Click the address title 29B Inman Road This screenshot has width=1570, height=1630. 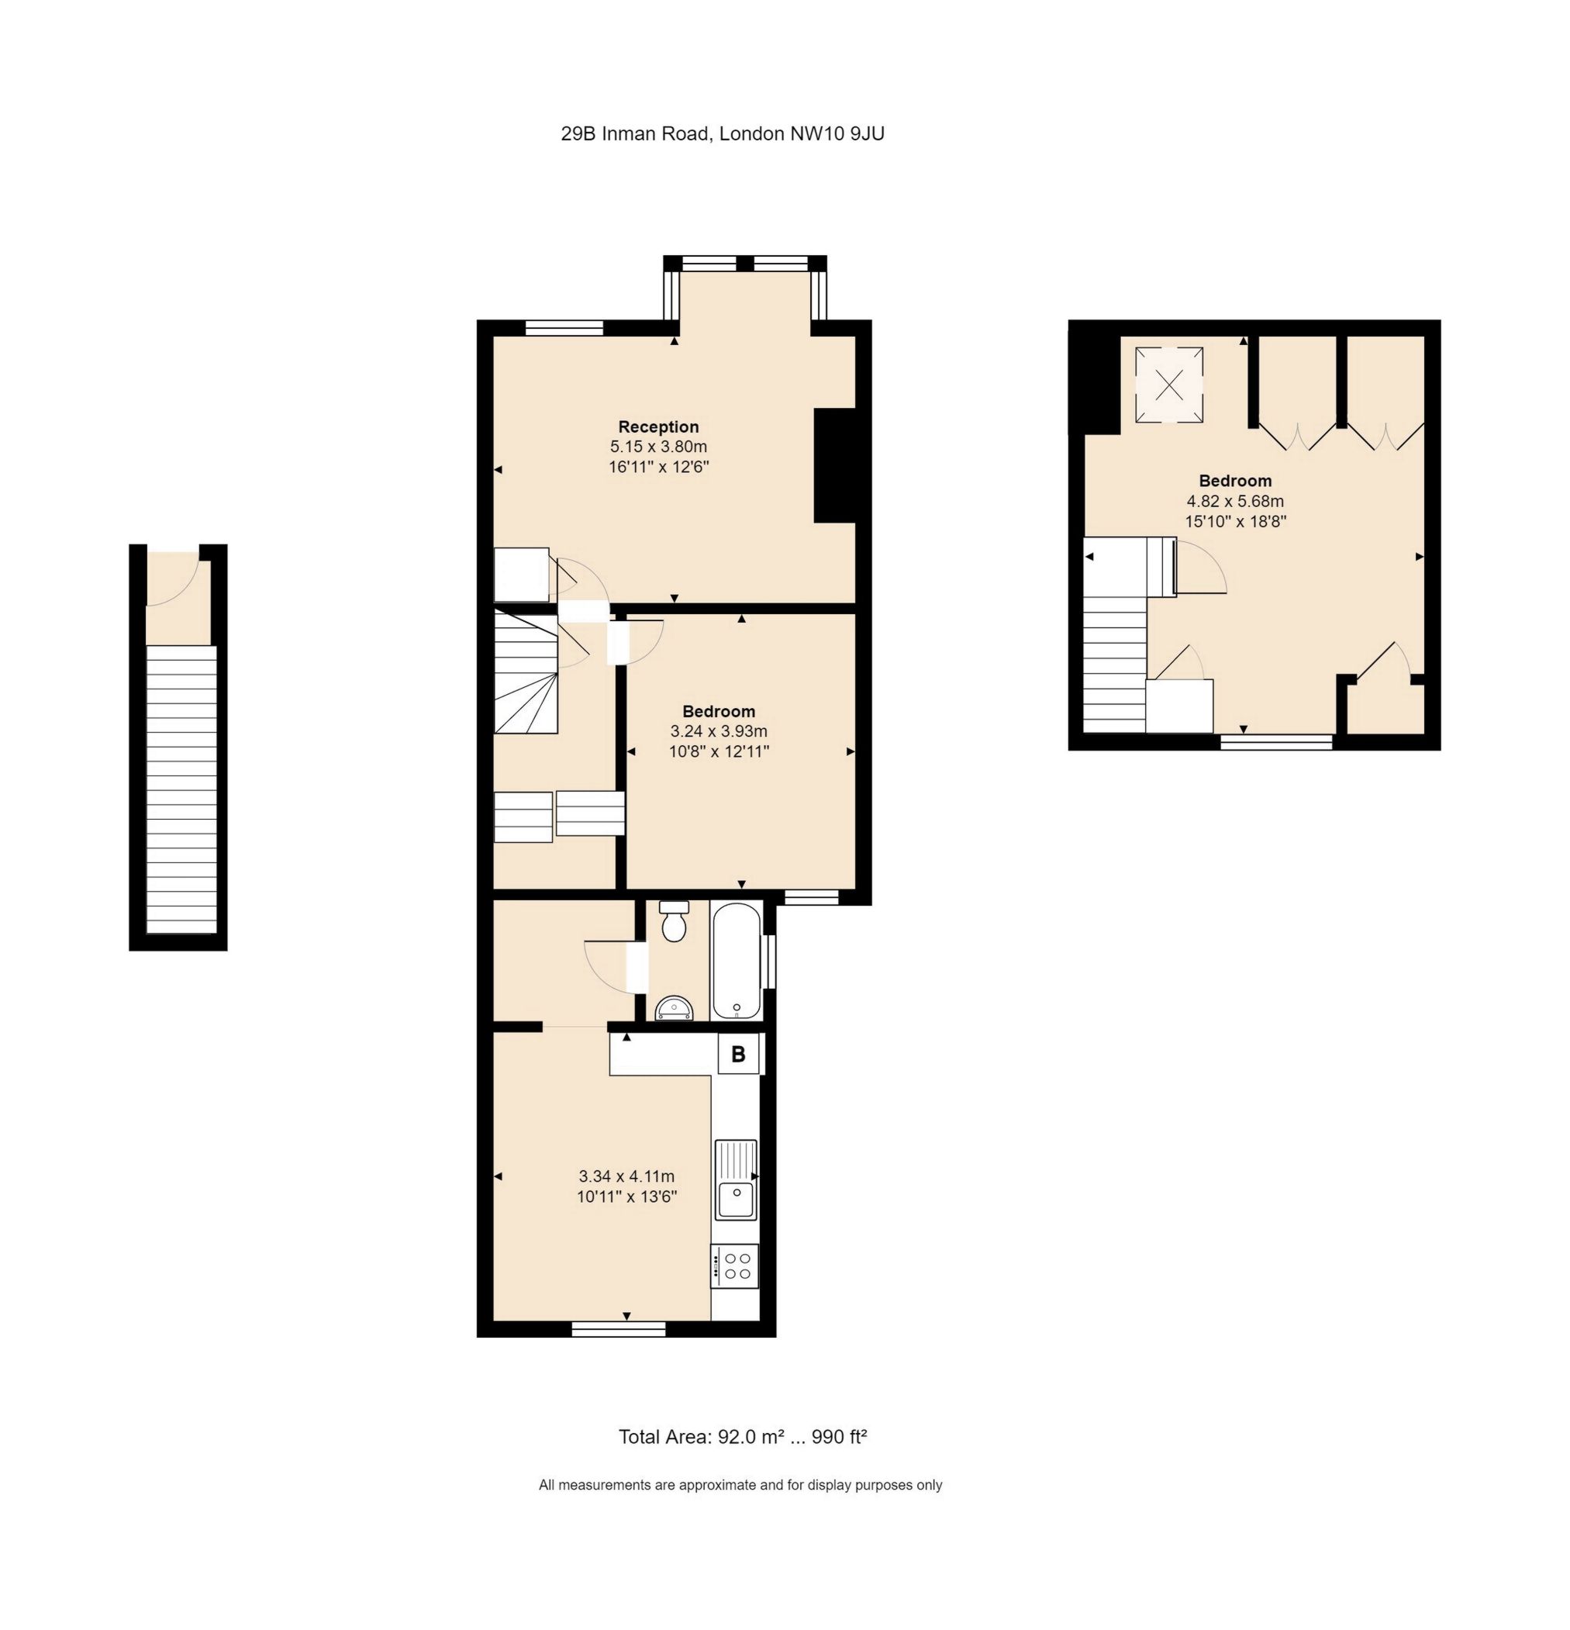tap(722, 133)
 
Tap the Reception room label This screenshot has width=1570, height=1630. tap(657, 427)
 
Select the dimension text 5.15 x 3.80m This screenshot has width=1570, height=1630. tap(657, 447)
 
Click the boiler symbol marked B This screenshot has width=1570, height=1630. tap(737, 1055)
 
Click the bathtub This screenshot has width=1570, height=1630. tap(736, 961)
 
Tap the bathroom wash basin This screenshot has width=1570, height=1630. tap(674, 1007)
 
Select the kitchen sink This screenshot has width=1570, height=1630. tap(736, 1180)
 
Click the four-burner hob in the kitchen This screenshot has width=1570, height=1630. tap(735, 1266)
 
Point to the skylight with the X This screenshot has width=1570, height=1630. tap(1168, 384)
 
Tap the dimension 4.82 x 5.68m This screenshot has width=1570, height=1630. tap(1235, 502)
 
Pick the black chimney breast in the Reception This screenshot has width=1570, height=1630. tap(834, 464)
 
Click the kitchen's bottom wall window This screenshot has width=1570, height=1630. tap(619, 1330)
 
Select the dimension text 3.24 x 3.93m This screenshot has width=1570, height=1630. tap(719, 732)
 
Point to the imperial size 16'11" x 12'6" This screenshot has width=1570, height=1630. tap(657, 468)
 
